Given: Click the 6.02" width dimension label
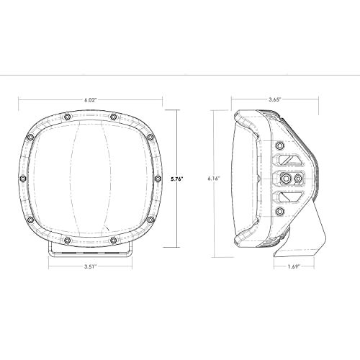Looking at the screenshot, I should (x=89, y=100).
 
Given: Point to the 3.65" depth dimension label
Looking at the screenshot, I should (x=273, y=100).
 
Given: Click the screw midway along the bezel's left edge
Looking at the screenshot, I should (x=24, y=177).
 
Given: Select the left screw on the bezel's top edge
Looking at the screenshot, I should (x=66, y=116).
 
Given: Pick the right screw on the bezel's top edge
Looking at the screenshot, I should (x=114, y=116).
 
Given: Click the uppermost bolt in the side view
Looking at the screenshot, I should (x=280, y=145).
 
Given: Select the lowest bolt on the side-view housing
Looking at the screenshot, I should (x=280, y=210).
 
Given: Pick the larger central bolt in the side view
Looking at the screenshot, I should (x=287, y=177).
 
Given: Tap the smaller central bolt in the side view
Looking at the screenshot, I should (x=297, y=177).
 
